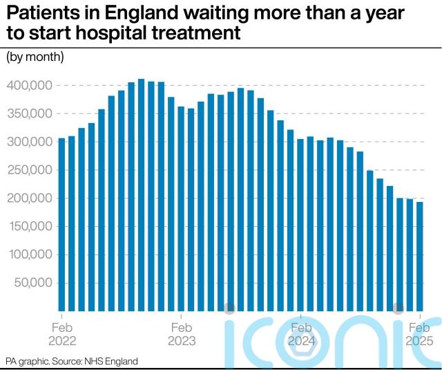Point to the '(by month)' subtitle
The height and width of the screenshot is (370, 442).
pos(35,57)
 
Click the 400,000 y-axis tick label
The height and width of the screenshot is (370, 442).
pos(28,86)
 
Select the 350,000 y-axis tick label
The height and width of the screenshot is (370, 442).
pos(28,113)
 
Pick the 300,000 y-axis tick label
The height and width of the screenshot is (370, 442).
pos(28,142)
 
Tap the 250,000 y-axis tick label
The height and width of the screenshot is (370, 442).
pos(28,170)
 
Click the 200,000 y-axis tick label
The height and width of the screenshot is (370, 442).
pos(28,198)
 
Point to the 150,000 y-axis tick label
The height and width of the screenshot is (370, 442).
pos(28,226)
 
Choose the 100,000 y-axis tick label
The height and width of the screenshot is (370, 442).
pos(28,255)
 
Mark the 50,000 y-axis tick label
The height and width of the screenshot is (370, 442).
pos(31,283)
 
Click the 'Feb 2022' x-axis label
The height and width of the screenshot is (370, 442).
pos(62,334)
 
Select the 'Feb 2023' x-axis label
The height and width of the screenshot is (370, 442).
pos(182,334)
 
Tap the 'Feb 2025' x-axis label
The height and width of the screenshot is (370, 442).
pos(419,334)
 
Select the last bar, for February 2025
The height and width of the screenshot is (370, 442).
pos(419,257)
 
